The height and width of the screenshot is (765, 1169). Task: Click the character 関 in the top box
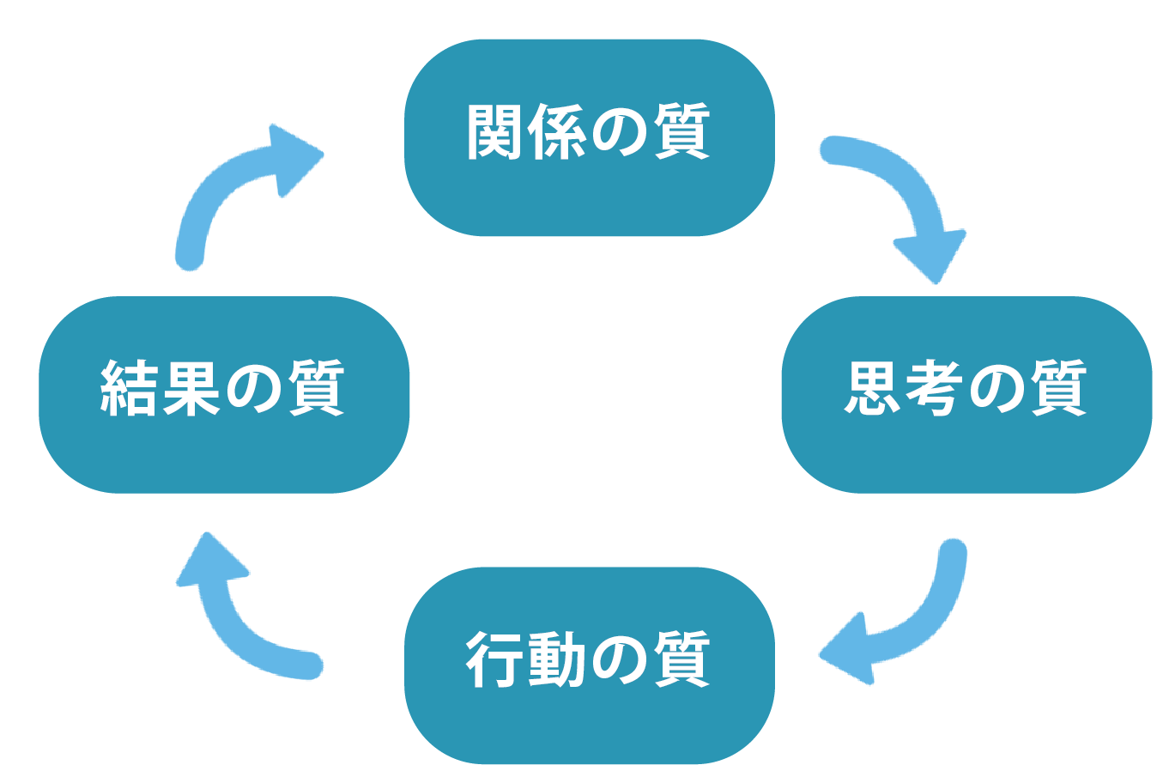tap(495, 133)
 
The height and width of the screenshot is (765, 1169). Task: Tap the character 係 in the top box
tap(557, 133)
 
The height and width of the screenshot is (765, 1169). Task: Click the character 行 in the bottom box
tap(495, 660)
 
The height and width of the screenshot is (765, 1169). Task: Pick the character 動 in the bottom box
tap(557, 660)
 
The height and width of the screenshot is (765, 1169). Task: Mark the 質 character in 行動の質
tap(682, 660)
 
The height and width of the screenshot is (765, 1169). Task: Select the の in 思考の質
tap(997, 390)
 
